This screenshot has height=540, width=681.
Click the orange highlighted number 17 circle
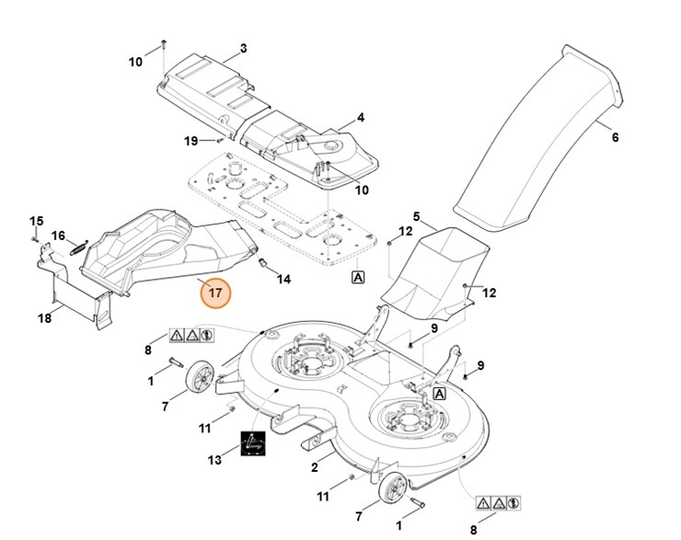click(x=214, y=293)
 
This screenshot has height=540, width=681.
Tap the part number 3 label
click(x=243, y=48)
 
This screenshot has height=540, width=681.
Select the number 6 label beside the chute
click(x=615, y=138)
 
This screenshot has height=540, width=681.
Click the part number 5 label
click(x=416, y=217)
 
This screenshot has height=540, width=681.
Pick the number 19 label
click(x=190, y=141)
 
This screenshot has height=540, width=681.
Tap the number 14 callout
click(x=283, y=278)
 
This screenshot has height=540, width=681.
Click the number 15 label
click(x=37, y=221)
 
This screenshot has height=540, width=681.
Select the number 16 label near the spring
click(x=58, y=236)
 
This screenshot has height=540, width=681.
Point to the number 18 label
click(x=44, y=318)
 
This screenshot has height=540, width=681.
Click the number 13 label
click(x=215, y=460)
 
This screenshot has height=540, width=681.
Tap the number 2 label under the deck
click(x=315, y=467)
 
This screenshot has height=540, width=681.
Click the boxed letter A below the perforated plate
click(x=357, y=276)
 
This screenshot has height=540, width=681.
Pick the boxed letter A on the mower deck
click(x=440, y=394)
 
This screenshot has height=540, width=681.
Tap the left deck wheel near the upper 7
click(x=201, y=380)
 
